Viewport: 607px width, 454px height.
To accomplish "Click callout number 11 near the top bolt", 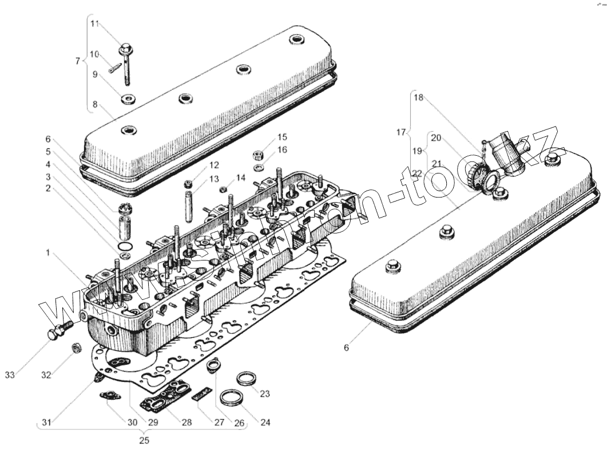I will pyautogui.click(x=95, y=23).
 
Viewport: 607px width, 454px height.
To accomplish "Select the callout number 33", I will pyautogui.click(x=10, y=375).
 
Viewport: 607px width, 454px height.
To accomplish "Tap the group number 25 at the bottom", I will pyautogui.click(x=144, y=440).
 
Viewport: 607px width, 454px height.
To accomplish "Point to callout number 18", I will pyautogui.click(x=418, y=98).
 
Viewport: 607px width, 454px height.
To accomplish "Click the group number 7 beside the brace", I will pyautogui.click(x=78, y=61).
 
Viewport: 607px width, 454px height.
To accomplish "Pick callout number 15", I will pyautogui.click(x=283, y=137).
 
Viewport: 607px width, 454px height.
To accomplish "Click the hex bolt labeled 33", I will pyautogui.click(x=55, y=333).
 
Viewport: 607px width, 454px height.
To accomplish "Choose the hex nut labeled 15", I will pyautogui.click(x=257, y=155).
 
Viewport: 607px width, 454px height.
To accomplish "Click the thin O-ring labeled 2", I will pyautogui.click(x=123, y=247).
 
